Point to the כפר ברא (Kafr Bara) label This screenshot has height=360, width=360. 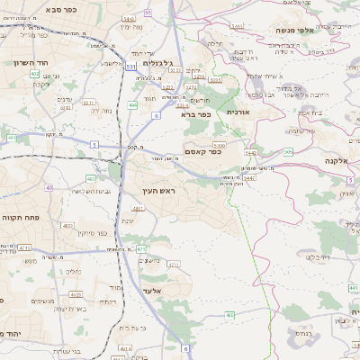194,114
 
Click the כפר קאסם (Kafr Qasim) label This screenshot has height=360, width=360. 203,152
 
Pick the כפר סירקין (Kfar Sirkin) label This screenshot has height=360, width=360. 92,233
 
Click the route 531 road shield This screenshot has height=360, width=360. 131,66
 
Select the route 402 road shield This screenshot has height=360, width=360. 34,74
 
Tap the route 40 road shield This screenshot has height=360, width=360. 49,188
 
